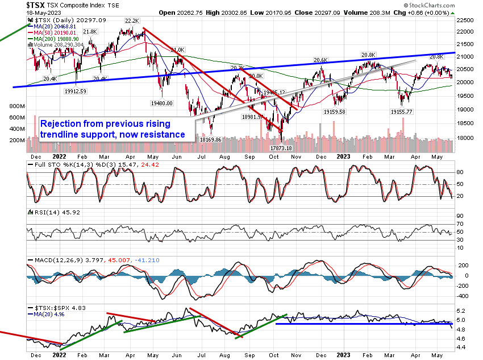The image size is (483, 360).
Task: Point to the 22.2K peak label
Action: pos(127,20)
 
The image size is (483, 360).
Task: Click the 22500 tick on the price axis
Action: pos(467,19)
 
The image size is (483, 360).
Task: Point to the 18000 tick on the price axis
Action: pos(467,137)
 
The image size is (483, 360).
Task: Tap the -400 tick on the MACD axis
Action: pos(463,296)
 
